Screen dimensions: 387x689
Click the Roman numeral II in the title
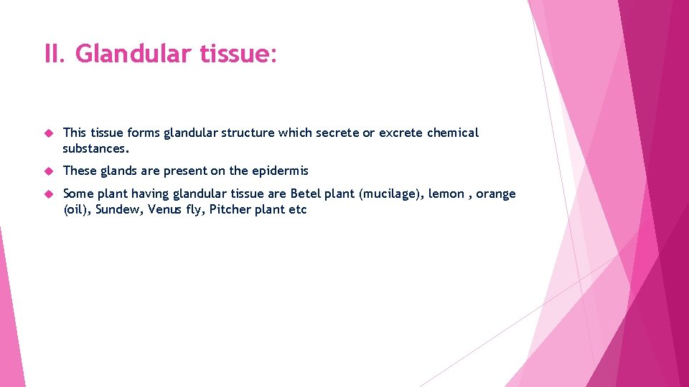pos(53,53)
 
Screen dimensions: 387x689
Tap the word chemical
pos(453,133)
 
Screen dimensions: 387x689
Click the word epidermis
pos(278,171)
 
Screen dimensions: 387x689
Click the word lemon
pos(446,194)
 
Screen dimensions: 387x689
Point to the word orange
pos(496,194)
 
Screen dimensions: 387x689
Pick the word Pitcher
pos(230,210)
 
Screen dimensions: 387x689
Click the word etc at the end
pos(298,210)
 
